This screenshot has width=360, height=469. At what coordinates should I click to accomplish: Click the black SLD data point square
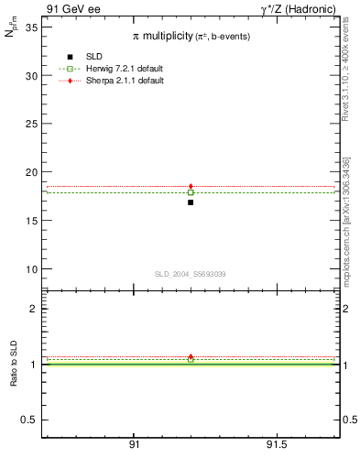[x=191, y=202]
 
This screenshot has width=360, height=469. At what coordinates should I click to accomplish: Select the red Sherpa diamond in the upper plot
[x=191, y=187]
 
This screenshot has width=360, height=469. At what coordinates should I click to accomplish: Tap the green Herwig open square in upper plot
[x=191, y=192]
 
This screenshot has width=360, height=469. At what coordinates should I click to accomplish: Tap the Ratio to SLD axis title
[x=13, y=376]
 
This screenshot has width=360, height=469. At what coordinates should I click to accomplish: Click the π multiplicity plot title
[x=191, y=35]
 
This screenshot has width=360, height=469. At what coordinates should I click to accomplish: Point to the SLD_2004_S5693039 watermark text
[x=191, y=274]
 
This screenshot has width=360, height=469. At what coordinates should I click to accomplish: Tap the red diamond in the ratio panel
[x=191, y=356]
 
